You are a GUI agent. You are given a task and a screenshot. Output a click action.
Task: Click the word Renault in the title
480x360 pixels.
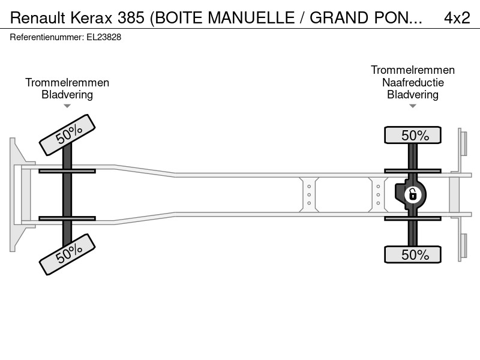click(38, 18)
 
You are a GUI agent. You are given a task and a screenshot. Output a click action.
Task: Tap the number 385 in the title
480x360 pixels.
click(131, 18)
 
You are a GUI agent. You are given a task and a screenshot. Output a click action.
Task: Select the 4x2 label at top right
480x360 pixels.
click(457, 18)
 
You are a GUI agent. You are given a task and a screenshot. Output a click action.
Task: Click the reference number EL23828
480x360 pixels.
click(104, 37)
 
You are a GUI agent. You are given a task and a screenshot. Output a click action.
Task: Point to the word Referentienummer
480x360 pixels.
click(47, 37)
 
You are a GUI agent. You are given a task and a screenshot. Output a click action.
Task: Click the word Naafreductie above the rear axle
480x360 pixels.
click(413, 82)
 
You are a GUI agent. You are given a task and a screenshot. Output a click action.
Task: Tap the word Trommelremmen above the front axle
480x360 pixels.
click(67, 82)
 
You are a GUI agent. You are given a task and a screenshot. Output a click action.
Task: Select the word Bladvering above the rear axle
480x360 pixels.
click(413, 95)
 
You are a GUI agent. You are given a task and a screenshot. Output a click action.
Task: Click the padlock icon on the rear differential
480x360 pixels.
click(413, 194)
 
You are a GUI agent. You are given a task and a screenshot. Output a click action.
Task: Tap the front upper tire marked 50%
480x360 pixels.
click(67, 135)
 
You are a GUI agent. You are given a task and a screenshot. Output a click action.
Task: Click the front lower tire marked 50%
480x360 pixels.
click(67, 254)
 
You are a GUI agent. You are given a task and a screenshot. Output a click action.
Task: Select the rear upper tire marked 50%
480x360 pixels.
click(413, 135)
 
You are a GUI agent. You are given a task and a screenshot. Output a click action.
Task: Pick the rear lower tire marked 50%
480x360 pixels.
click(413, 254)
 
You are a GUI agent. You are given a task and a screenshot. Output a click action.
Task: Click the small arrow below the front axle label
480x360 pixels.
click(67, 106)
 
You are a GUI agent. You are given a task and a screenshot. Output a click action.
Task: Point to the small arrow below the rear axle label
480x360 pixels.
click(413, 106)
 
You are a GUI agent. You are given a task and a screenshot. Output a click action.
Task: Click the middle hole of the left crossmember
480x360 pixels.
click(309, 194)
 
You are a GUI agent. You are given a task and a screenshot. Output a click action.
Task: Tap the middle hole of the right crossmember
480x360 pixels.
click(378, 194)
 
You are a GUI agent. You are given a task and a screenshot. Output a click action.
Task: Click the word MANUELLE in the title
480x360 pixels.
click(251, 18)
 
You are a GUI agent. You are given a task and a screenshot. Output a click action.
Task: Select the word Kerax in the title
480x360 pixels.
click(92, 18)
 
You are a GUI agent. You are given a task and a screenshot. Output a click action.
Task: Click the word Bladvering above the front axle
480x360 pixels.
click(67, 95)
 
